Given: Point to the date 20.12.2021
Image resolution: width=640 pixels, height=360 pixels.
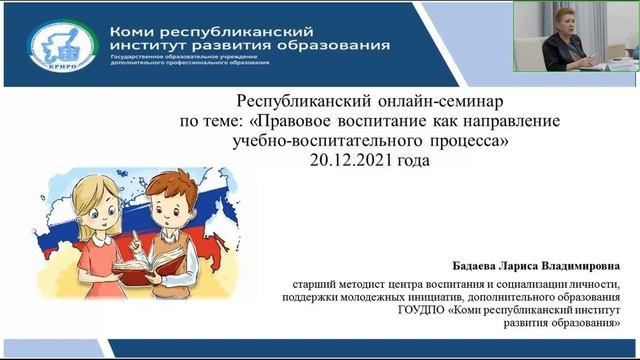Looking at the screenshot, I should click(352, 160).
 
